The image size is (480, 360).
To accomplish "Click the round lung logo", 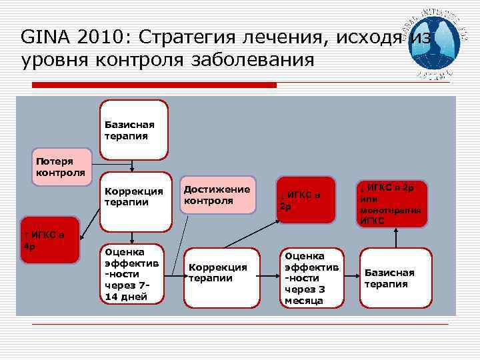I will click(x=437, y=41).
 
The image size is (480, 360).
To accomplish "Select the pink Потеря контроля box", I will click(x=61, y=167).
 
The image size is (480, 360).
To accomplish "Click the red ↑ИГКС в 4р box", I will click(x=49, y=240).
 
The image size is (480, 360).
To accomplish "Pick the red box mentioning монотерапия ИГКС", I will click(x=391, y=203).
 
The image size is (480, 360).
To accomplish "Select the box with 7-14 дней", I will click(x=131, y=273).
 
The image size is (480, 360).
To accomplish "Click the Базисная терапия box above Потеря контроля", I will click(x=133, y=130).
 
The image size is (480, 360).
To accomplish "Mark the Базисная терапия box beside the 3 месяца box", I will click(x=395, y=278).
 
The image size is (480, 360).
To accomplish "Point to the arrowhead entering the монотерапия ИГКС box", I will click(x=396, y=230).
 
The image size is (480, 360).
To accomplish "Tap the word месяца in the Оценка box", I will click(x=303, y=301).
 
